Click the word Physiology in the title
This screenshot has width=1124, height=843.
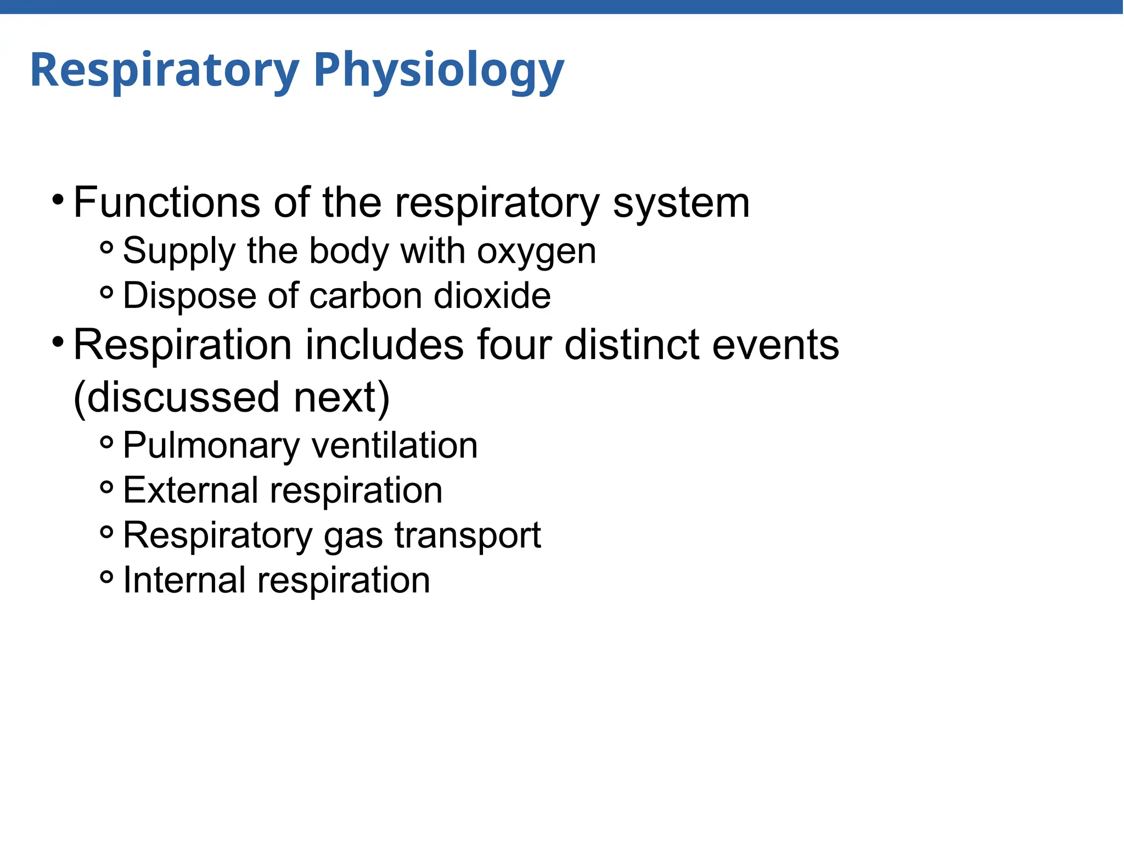pos(439,70)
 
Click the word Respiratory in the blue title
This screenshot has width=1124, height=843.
pos(165,70)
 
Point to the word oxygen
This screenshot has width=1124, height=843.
pos(536,252)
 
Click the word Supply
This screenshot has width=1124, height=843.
pos(178,252)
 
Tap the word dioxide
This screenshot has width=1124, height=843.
pos(492,296)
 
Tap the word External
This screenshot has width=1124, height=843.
pos(190,490)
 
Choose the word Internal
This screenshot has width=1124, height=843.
pos(184,580)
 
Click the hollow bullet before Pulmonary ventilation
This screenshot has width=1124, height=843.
pos(107,442)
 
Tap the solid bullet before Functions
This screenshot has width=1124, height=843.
pos(58,200)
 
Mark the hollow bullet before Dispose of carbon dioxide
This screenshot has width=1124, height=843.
pos(107,293)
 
